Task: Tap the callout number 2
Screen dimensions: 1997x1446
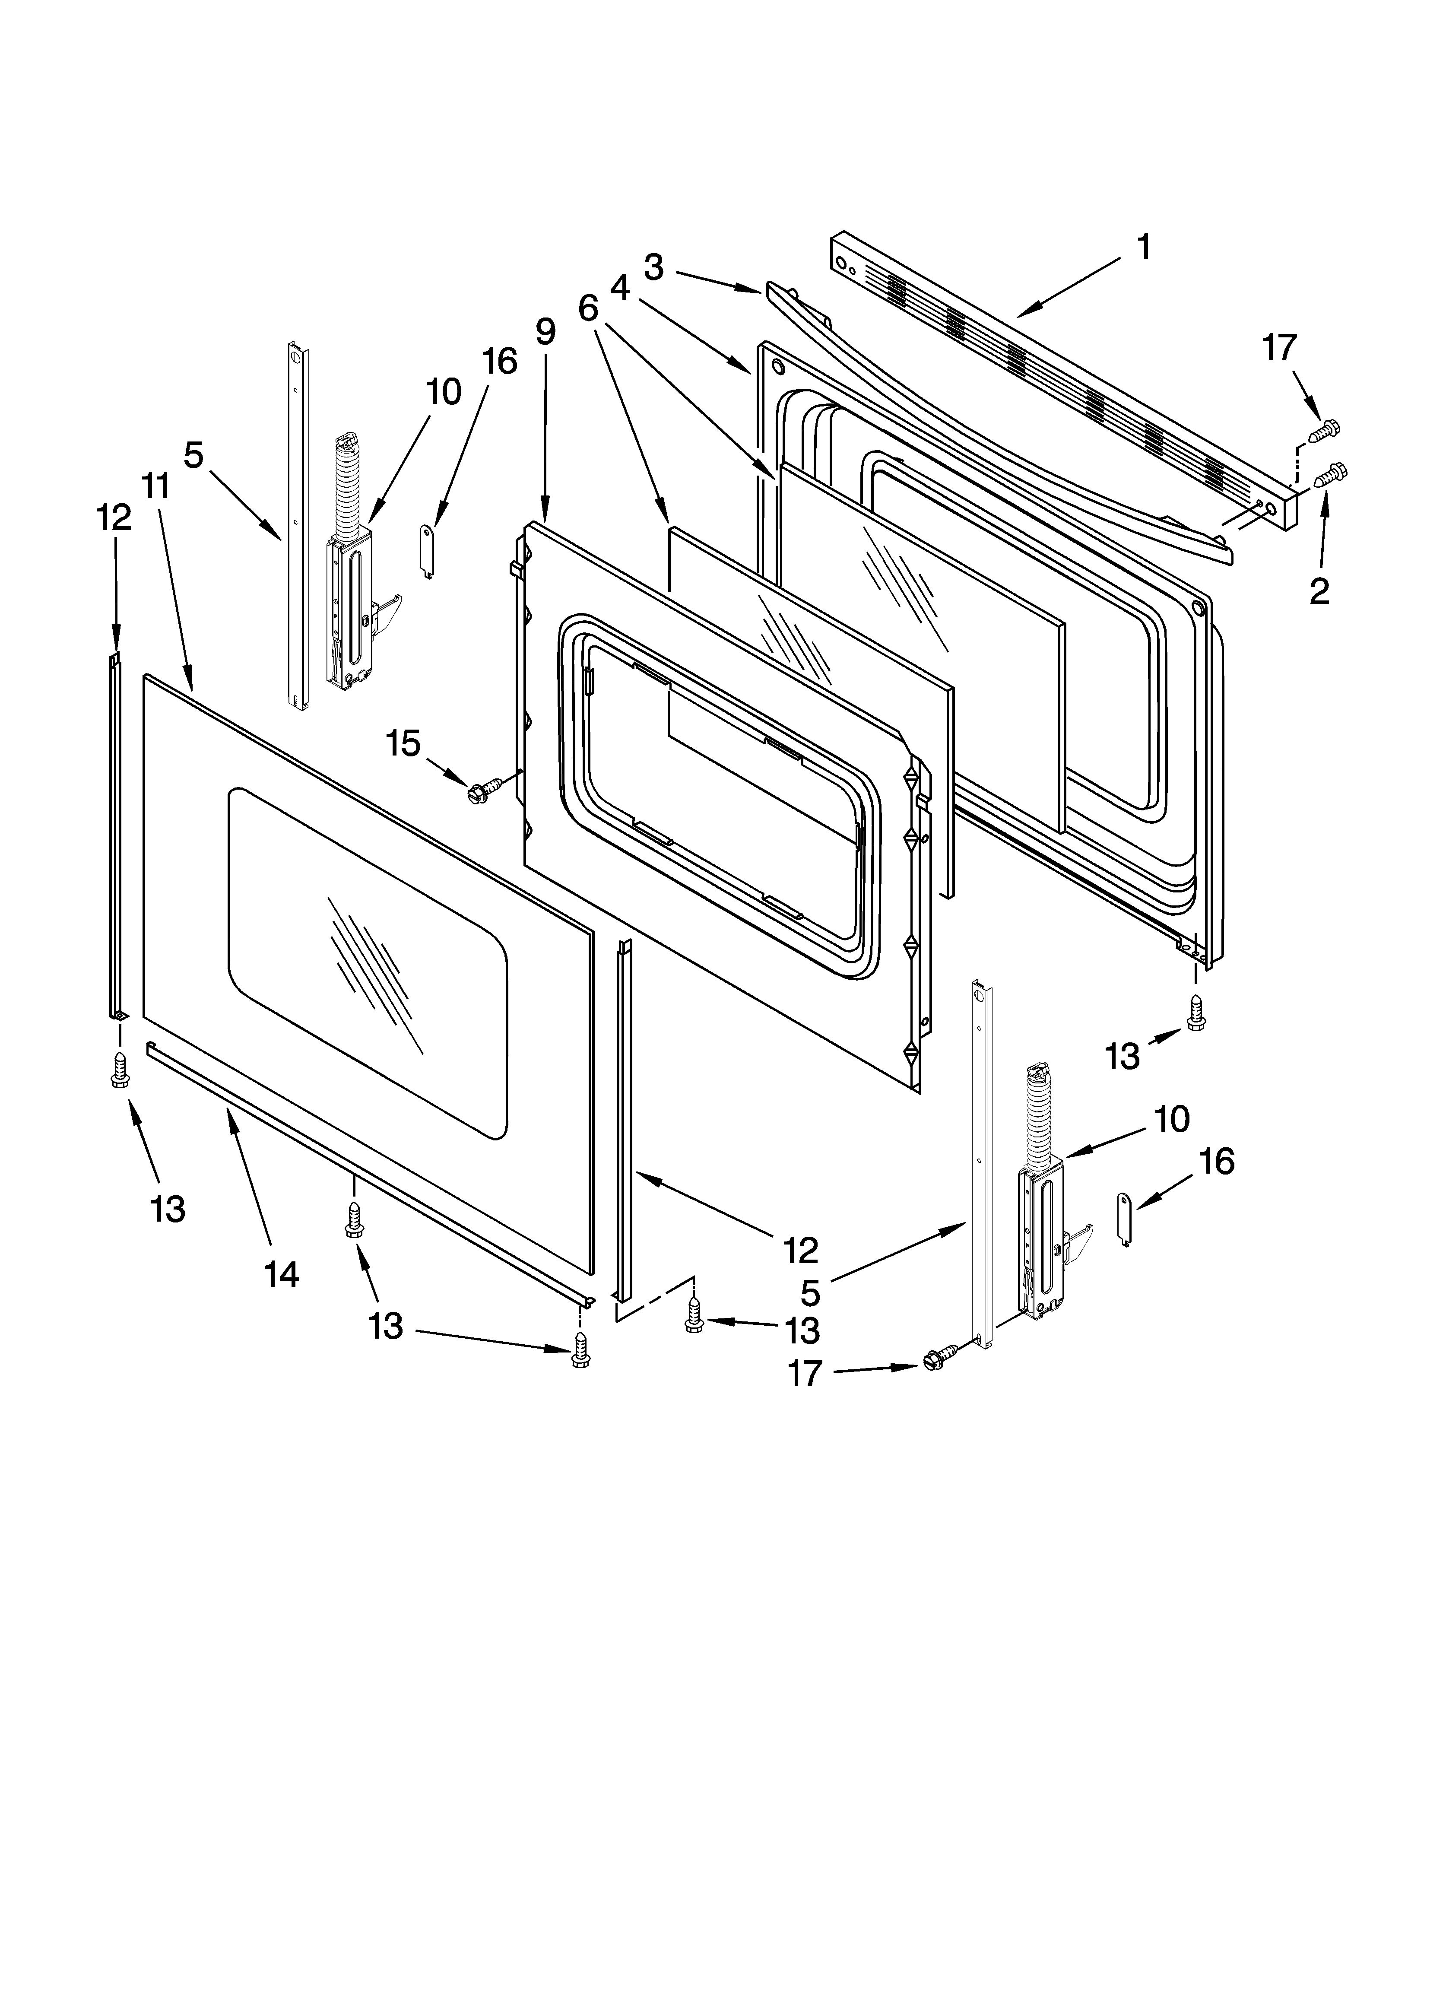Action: pyautogui.click(x=1318, y=591)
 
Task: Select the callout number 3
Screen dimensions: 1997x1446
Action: pyautogui.click(x=653, y=266)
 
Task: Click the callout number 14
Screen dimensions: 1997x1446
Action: pyautogui.click(x=281, y=1274)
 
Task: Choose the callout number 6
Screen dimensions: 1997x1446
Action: pyautogui.click(x=588, y=307)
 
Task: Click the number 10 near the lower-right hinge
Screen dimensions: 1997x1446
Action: pyautogui.click(x=1171, y=1119)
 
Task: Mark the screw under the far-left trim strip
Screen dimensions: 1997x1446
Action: pyautogui.click(x=120, y=1072)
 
